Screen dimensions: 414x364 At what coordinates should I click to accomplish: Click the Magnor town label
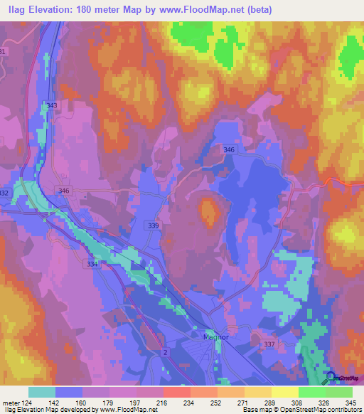[214, 337]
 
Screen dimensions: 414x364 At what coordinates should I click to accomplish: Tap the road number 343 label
[52, 106]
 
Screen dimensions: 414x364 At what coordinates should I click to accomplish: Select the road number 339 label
[154, 224]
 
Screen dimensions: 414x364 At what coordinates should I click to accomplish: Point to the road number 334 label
[92, 264]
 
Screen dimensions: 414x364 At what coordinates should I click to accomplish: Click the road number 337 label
[269, 345]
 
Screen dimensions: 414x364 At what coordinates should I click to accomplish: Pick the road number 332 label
[4, 193]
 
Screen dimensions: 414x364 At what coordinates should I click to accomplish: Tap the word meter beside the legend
[10, 402]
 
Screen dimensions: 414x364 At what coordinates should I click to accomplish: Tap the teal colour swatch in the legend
[41, 391]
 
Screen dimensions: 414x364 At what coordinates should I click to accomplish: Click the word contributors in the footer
[344, 410]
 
